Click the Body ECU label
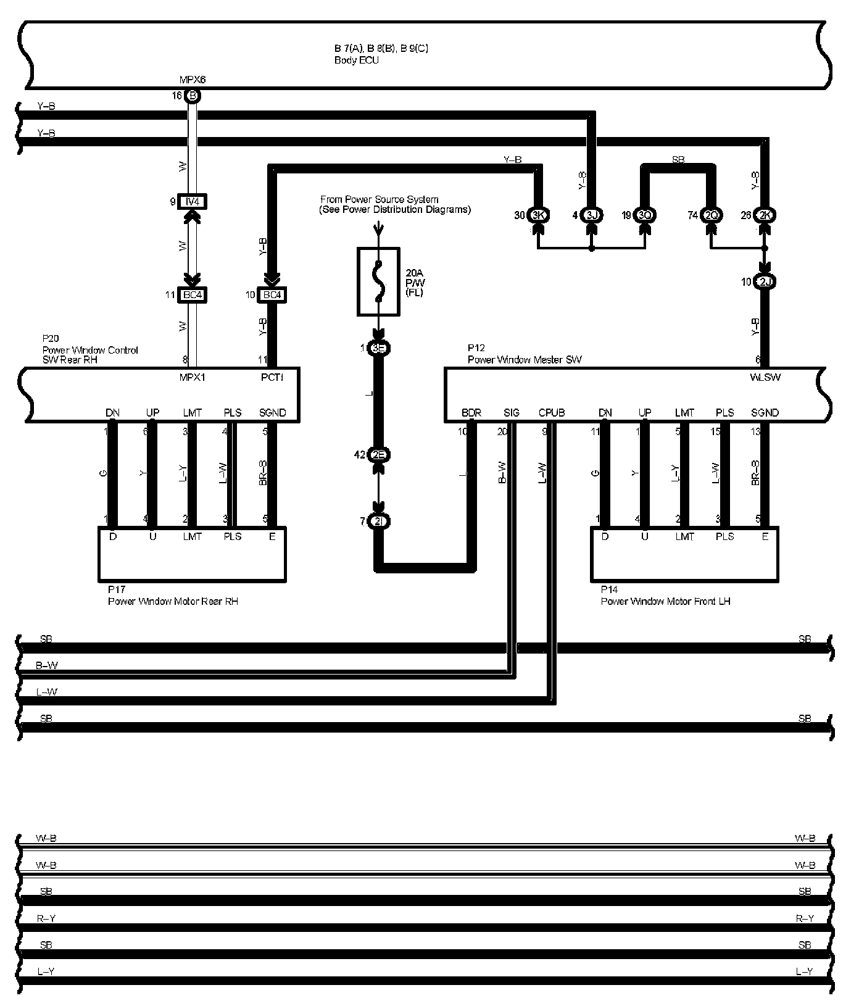pyautogui.click(x=357, y=60)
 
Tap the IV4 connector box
pyautogui.click(x=193, y=202)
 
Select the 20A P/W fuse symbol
pyautogui.click(x=379, y=281)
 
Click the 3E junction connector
pyautogui.click(x=379, y=348)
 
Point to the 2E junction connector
pyautogui.click(x=379, y=455)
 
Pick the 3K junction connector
pyautogui.click(x=538, y=215)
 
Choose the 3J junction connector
pyautogui.click(x=592, y=215)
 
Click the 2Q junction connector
pyautogui.click(x=712, y=215)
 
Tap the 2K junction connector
pyautogui.click(x=765, y=215)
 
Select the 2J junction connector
pyautogui.click(x=765, y=282)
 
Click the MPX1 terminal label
pyautogui.click(x=193, y=377)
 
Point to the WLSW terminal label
pyautogui.click(x=765, y=377)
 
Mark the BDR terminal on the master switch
pyautogui.click(x=471, y=413)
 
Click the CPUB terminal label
pyautogui.click(x=551, y=413)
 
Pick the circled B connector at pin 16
pyautogui.click(x=193, y=96)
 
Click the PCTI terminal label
pyautogui.click(x=272, y=377)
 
